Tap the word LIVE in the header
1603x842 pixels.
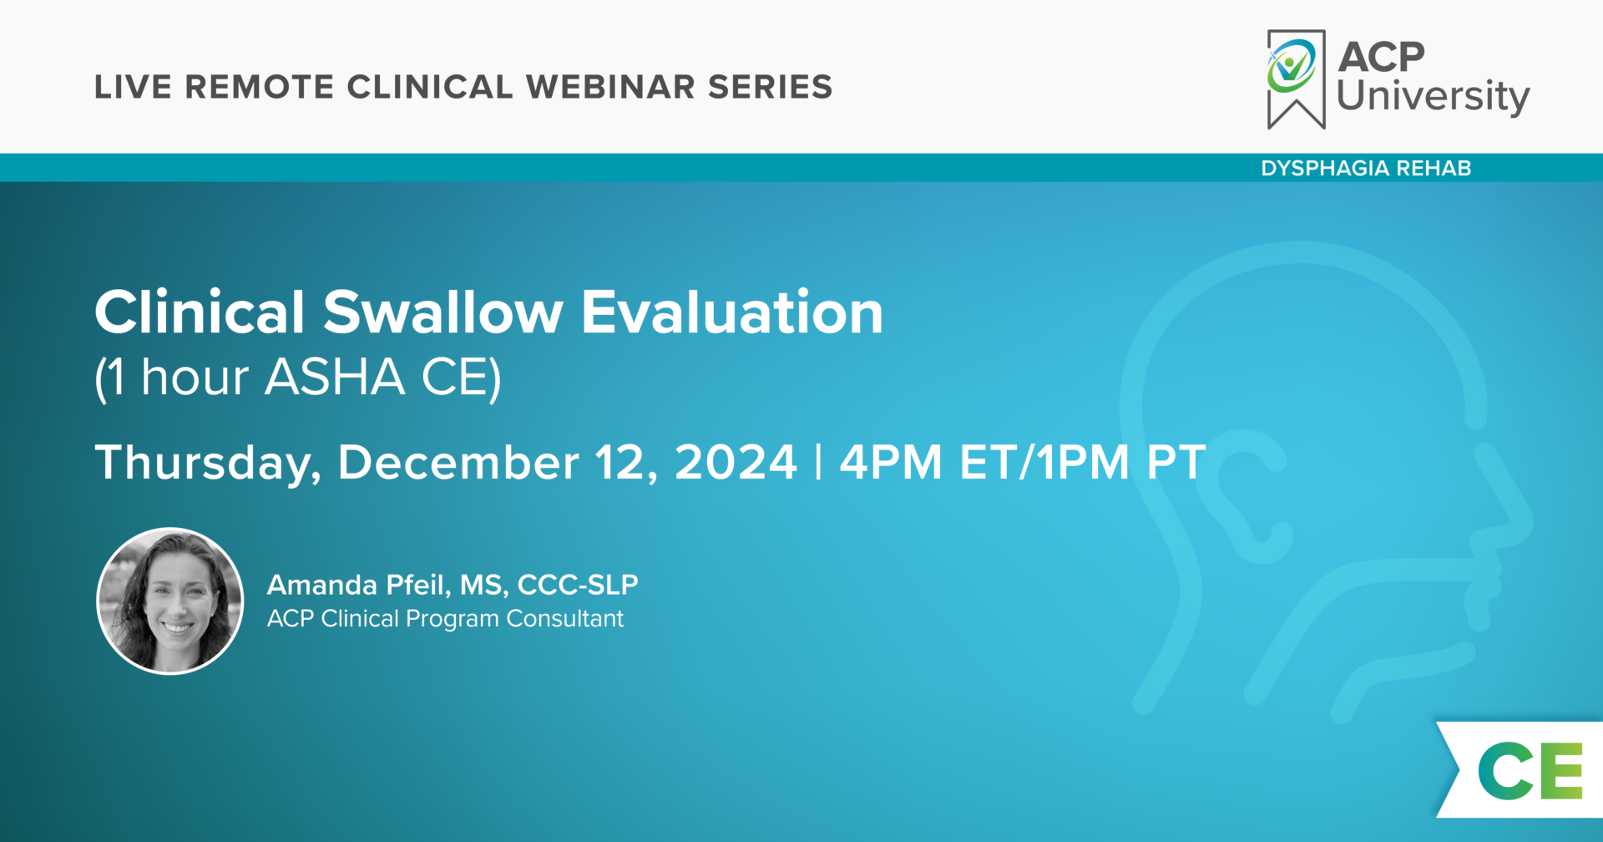pos(133,87)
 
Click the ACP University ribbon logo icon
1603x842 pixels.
pos(1296,79)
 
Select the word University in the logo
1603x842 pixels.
pos(1433,97)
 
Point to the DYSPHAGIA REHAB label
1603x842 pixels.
pos(1366,168)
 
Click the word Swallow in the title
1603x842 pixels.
pos(442,312)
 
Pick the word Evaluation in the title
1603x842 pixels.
pos(731,312)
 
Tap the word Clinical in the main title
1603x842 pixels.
pos(200,312)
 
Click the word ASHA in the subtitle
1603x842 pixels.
pos(335,377)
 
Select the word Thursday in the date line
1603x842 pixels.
pos(208,464)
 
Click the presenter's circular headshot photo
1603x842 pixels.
pos(170,601)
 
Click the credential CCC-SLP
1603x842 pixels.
pos(578,585)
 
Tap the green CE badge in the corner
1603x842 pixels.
pos(1530,770)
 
